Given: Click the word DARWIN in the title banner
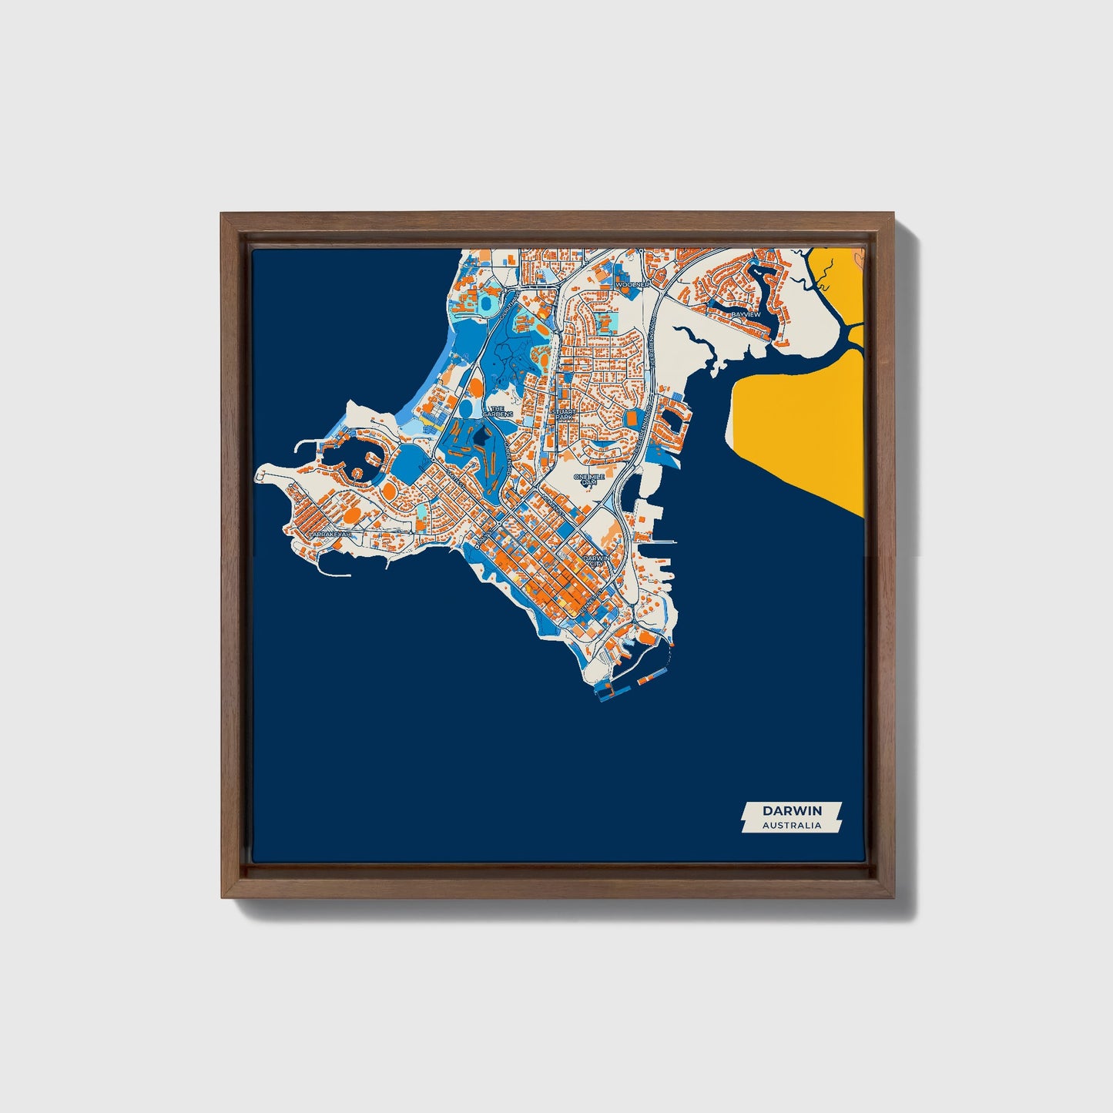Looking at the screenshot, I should click(x=792, y=810).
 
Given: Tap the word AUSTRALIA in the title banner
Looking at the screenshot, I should click(x=792, y=825).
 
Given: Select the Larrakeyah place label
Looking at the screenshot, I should click(x=329, y=533).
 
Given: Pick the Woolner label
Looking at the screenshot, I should click(x=632, y=284).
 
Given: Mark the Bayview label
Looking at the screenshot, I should click(x=745, y=314).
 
